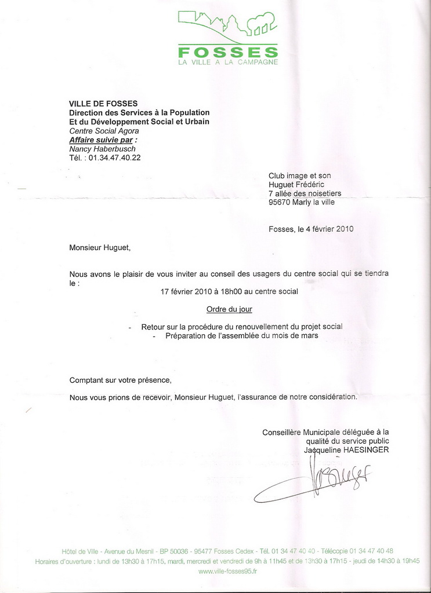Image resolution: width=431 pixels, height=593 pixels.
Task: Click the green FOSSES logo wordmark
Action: tap(228, 52)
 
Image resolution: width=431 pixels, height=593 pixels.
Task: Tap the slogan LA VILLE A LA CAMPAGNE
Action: tap(228, 62)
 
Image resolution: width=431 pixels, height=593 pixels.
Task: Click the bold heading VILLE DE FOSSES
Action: tap(103, 104)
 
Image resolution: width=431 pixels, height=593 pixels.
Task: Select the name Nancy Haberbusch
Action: tap(102, 149)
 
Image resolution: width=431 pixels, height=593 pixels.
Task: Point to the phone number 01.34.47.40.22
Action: tap(114, 158)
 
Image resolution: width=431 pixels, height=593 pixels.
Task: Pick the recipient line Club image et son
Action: tap(299, 175)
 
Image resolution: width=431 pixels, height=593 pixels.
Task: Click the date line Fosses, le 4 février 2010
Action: tap(311, 229)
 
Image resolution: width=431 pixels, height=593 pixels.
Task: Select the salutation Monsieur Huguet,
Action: tap(100, 248)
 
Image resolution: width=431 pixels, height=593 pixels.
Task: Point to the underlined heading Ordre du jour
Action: tap(229, 310)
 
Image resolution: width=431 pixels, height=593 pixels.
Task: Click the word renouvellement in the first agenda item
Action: tap(255, 327)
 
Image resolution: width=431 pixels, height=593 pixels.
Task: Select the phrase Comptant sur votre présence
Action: tap(121, 380)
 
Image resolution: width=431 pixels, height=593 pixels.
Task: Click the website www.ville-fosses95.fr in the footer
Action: tap(227, 571)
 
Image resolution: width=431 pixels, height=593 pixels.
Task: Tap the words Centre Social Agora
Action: tap(104, 131)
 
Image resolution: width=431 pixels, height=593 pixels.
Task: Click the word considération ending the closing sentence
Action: tap(328, 397)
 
